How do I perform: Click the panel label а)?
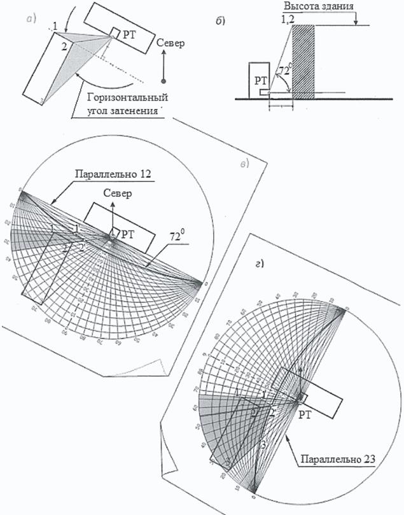(x=33, y=18)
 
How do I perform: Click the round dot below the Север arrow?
(x=164, y=81)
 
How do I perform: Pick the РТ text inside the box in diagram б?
(x=260, y=81)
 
